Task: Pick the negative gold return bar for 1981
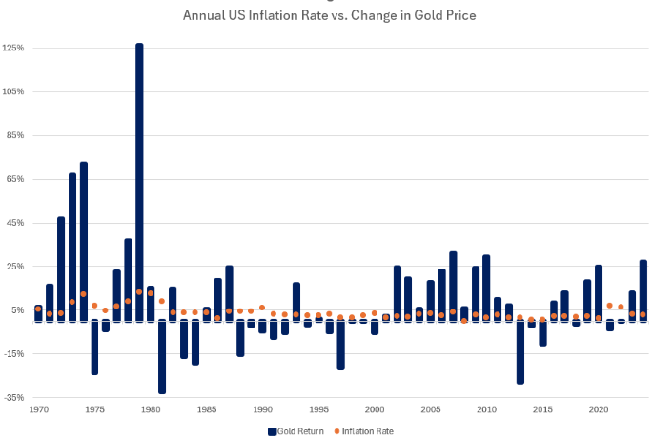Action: [162, 356]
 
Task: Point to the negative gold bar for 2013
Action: [520, 352]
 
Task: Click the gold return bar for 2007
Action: [453, 286]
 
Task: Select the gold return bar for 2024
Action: [643, 290]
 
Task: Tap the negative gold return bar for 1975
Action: [95, 347]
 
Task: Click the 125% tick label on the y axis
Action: [14, 48]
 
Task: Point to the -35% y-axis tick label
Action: [14, 397]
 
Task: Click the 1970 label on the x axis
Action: [39, 410]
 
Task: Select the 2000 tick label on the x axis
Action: [375, 410]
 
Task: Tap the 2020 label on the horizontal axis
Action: [599, 410]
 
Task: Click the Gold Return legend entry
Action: [295, 431]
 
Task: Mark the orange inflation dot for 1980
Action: [151, 293]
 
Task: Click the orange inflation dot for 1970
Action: [38, 309]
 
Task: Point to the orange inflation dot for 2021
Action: [610, 306]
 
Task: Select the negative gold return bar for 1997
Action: [341, 345]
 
